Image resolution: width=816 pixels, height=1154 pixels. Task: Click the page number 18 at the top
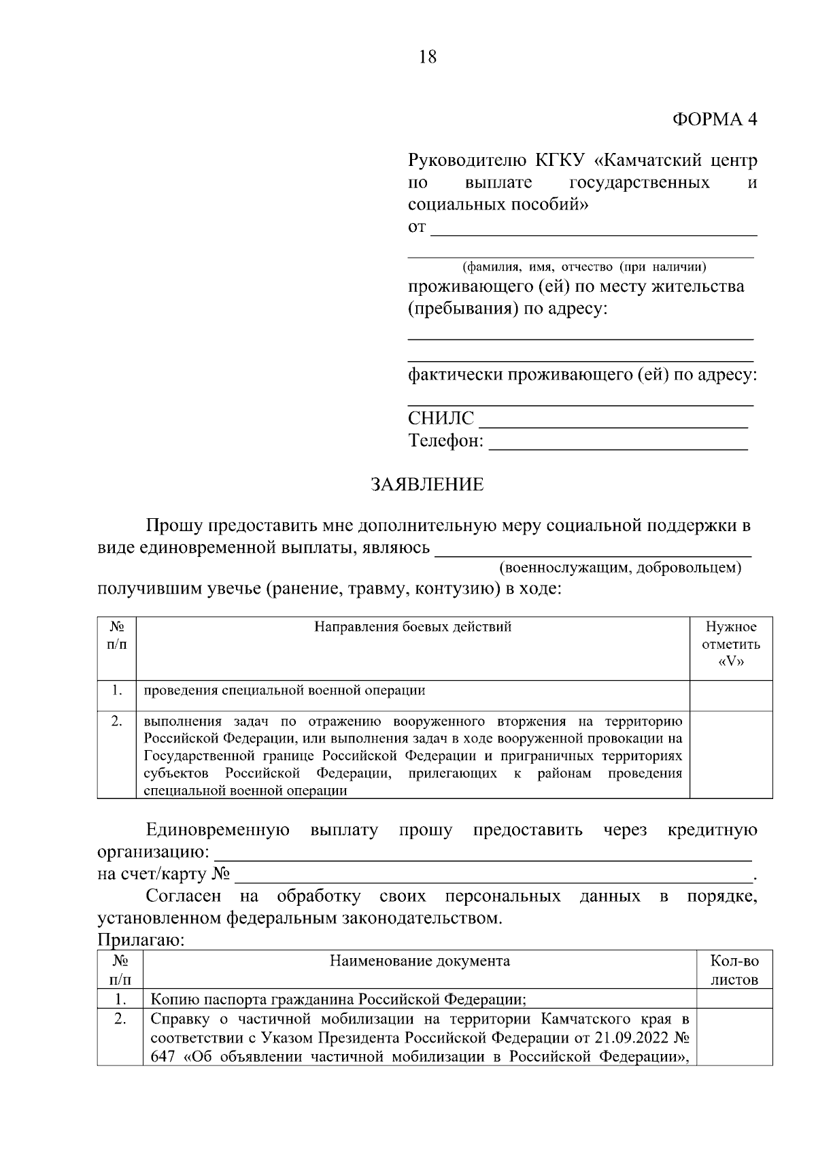428,57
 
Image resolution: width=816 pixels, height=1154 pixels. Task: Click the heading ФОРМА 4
714,119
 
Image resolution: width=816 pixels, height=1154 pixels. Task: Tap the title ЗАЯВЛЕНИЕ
427,485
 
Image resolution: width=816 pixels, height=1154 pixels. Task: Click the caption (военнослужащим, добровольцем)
619,567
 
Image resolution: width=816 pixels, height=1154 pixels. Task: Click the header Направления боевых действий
413,627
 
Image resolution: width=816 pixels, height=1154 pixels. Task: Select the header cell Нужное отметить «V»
731,644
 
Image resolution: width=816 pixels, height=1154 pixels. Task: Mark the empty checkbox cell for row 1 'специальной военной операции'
731,695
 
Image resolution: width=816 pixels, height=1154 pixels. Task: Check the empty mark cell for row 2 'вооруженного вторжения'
731,754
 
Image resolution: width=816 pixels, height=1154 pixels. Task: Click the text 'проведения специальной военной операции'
284,691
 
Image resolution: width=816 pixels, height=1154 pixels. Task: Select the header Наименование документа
420,961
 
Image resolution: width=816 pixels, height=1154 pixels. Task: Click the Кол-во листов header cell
734,970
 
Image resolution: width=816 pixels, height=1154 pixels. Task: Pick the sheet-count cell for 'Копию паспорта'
734,999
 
